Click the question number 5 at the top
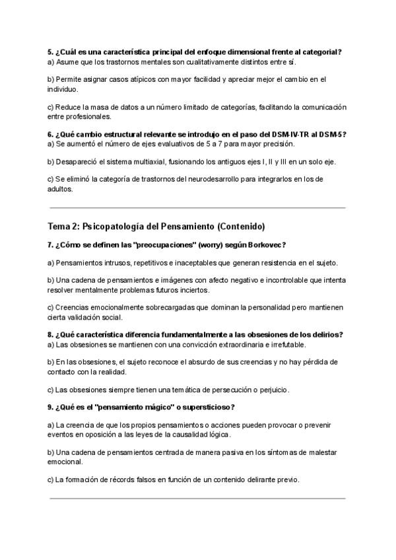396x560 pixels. click(x=50, y=52)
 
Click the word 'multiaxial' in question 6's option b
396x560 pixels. click(x=145, y=161)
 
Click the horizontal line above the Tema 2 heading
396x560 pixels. click(x=197, y=207)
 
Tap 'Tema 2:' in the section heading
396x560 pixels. click(x=63, y=227)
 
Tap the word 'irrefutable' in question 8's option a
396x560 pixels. click(x=285, y=344)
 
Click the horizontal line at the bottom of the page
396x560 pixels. click(x=197, y=498)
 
